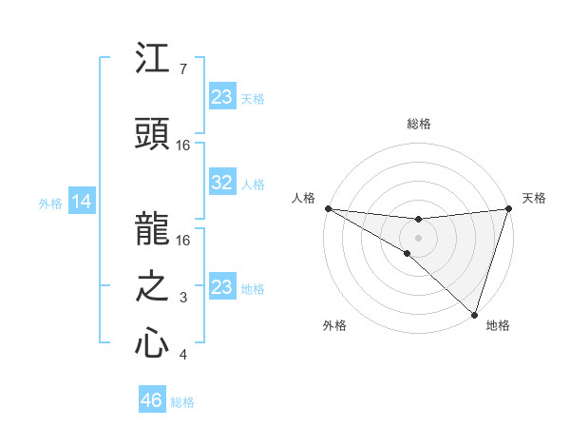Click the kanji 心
(152, 343)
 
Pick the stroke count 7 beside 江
(183, 69)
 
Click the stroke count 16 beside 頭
(183, 145)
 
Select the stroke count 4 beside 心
(183, 355)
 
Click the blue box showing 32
(221, 183)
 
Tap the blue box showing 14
(82, 202)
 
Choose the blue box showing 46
(151, 400)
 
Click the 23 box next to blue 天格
(221, 97)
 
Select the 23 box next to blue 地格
(221, 287)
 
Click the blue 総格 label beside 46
(182, 402)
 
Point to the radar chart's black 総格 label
(418, 124)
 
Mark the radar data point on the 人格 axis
(328, 208)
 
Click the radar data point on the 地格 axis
(473, 314)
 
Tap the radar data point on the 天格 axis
(508, 208)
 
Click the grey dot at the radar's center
(418, 237)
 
